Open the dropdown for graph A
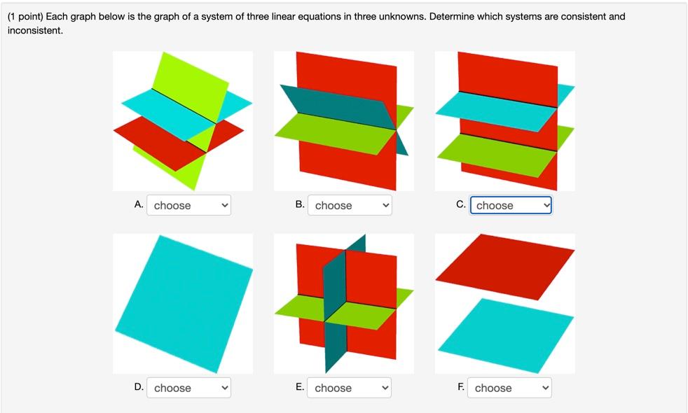coord(188,205)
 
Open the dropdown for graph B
coord(349,205)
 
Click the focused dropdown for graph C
coord(510,205)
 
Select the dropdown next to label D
coord(188,388)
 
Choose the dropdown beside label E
coord(349,388)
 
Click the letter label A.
coord(139,204)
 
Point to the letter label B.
coord(300,204)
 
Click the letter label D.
coord(139,386)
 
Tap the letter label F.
coord(461,386)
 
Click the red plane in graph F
coord(504,266)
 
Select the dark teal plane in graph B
coord(329,105)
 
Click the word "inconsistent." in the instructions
coord(35,31)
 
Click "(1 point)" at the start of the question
coord(25,15)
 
